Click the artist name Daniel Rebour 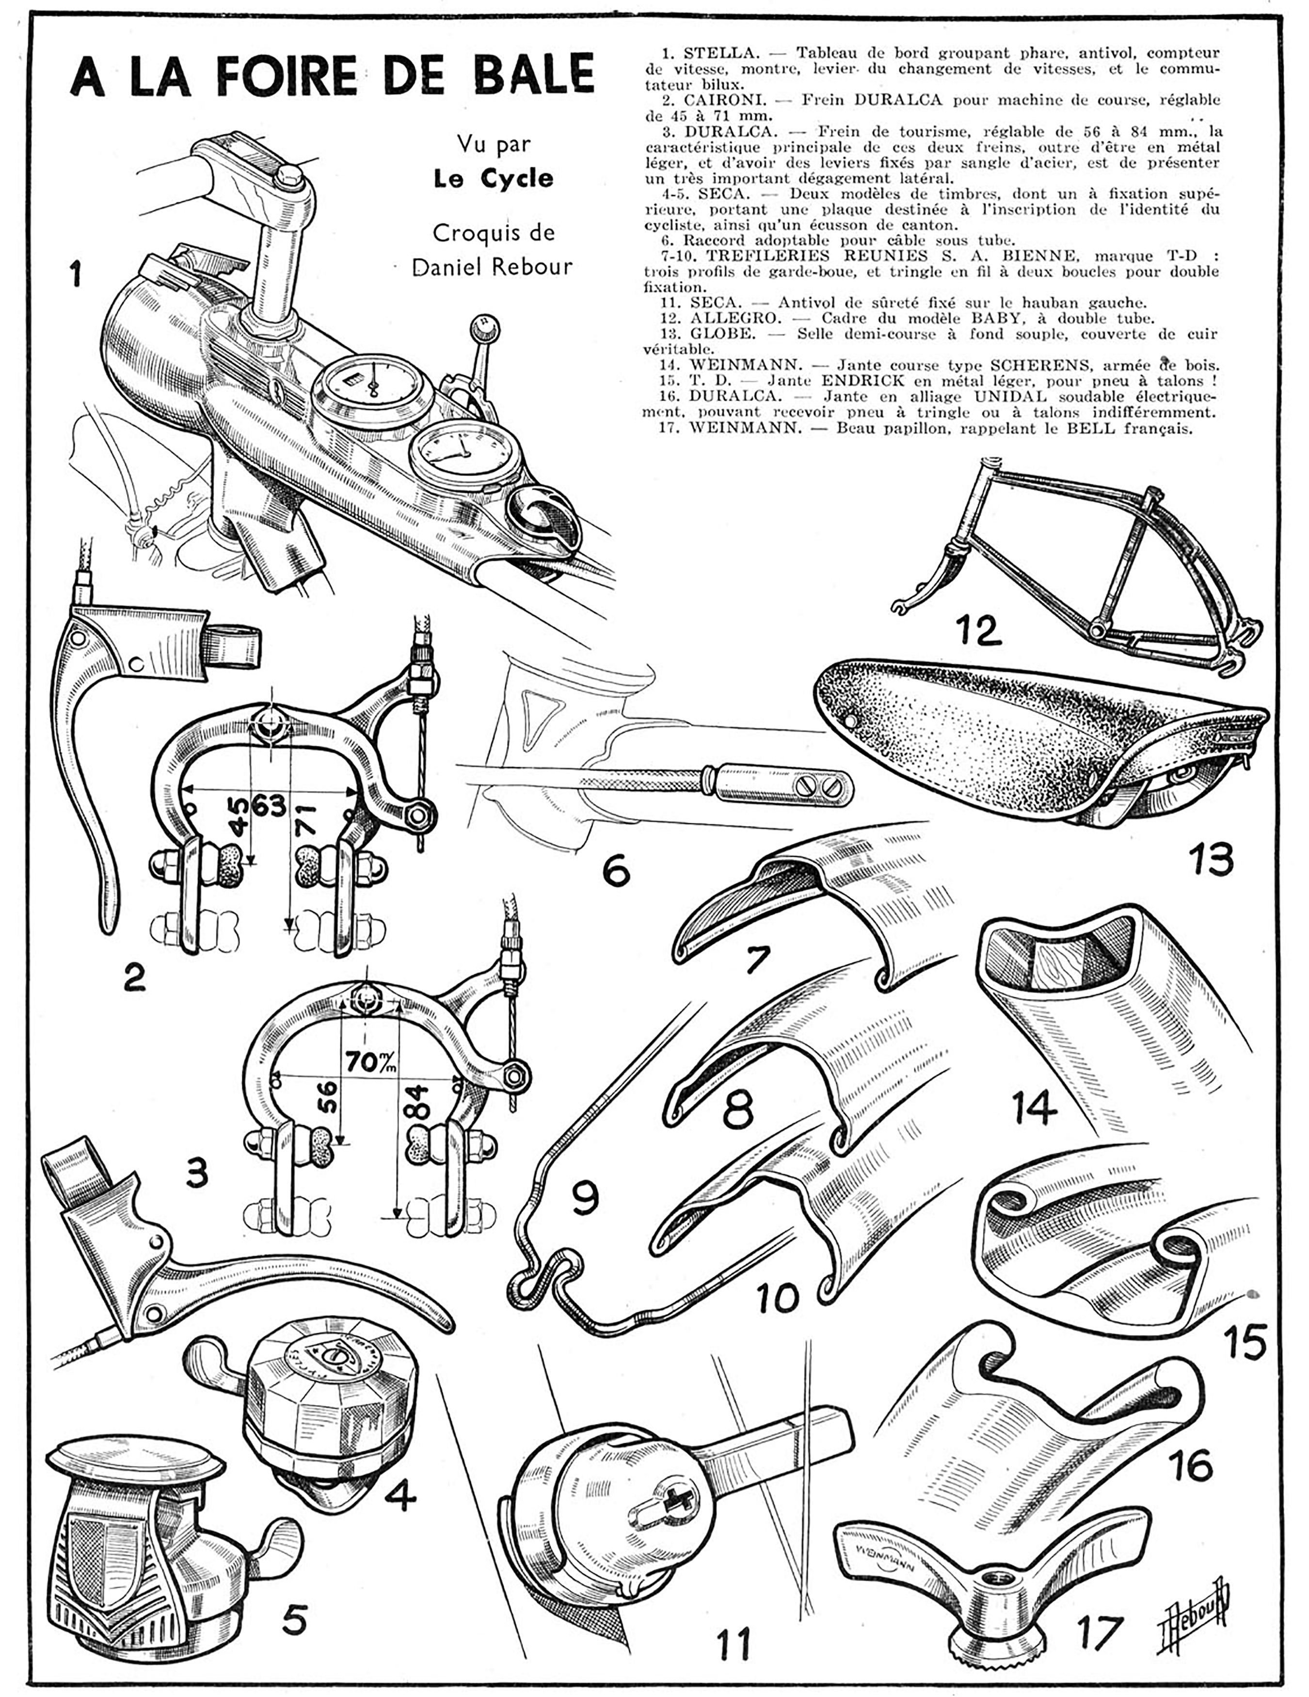coord(492,267)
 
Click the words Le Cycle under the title coord(494,179)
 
